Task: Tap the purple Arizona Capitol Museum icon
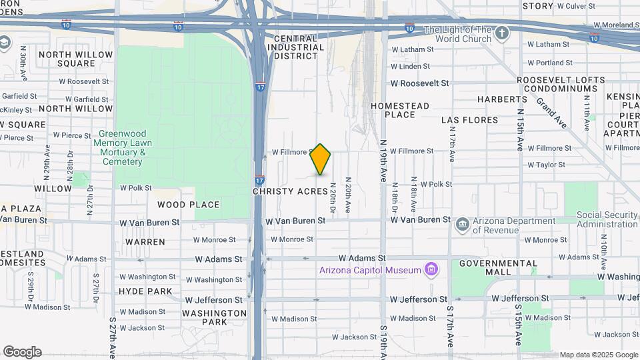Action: (432, 270)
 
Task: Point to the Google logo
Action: (22, 352)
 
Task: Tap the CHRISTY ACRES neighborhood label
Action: (290, 191)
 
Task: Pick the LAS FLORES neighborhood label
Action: (469, 120)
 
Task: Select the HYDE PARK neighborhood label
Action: (145, 291)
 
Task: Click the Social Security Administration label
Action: (607, 219)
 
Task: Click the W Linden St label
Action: (410, 67)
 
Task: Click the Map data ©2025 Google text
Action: (599, 355)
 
